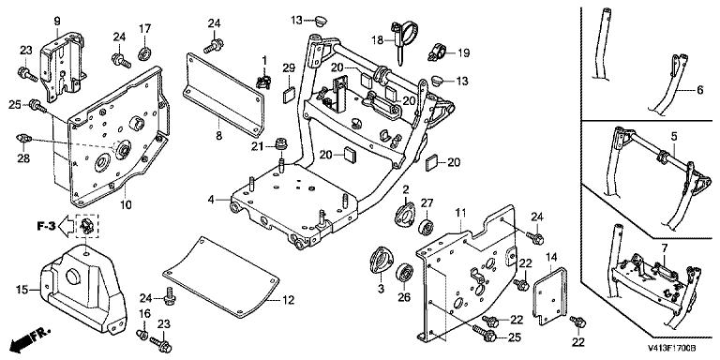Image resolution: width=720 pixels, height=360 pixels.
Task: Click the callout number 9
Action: tap(57, 22)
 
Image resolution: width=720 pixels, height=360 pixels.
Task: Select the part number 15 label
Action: tap(22, 290)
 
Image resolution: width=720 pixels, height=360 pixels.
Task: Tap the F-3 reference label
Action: tap(47, 226)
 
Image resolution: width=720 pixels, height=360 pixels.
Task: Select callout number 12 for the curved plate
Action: tap(288, 301)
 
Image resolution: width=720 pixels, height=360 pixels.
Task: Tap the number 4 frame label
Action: tap(210, 200)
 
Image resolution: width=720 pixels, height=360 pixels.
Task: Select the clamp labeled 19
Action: tap(438, 52)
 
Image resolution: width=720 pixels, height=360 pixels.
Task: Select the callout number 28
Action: tap(23, 158)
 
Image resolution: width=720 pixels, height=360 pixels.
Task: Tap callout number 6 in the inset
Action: tap(699, 90)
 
